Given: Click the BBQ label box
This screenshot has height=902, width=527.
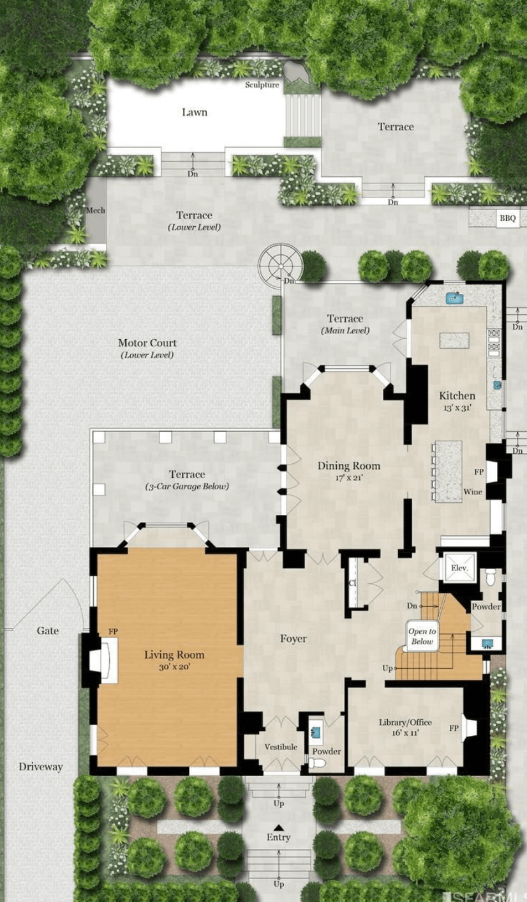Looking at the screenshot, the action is (508, 218).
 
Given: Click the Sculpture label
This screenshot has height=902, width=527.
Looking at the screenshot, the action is (262, 85).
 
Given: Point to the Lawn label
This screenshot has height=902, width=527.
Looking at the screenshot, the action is (195, 112).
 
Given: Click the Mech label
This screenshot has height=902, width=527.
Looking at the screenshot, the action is (95, 210).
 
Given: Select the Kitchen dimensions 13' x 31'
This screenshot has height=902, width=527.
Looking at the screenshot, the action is (457, 408).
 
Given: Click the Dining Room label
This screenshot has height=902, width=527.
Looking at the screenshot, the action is (349, 466).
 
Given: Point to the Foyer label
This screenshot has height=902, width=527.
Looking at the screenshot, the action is (293, 639).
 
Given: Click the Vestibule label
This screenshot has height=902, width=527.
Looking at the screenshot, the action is (281, 747).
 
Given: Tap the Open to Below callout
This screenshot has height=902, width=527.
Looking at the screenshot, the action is (422, 637).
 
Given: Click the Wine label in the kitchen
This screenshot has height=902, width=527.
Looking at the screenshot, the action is (473, 492).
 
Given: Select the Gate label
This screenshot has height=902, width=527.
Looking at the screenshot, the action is (48, 631).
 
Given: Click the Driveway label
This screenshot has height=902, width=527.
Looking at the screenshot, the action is (41, 767).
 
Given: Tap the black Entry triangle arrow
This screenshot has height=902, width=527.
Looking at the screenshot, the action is (278, 828).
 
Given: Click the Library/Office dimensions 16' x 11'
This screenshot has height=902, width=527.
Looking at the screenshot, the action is (406, 733).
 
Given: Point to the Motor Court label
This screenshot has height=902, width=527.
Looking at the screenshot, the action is (147, 343).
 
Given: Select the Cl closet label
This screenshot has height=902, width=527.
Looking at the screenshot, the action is (352, 583).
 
